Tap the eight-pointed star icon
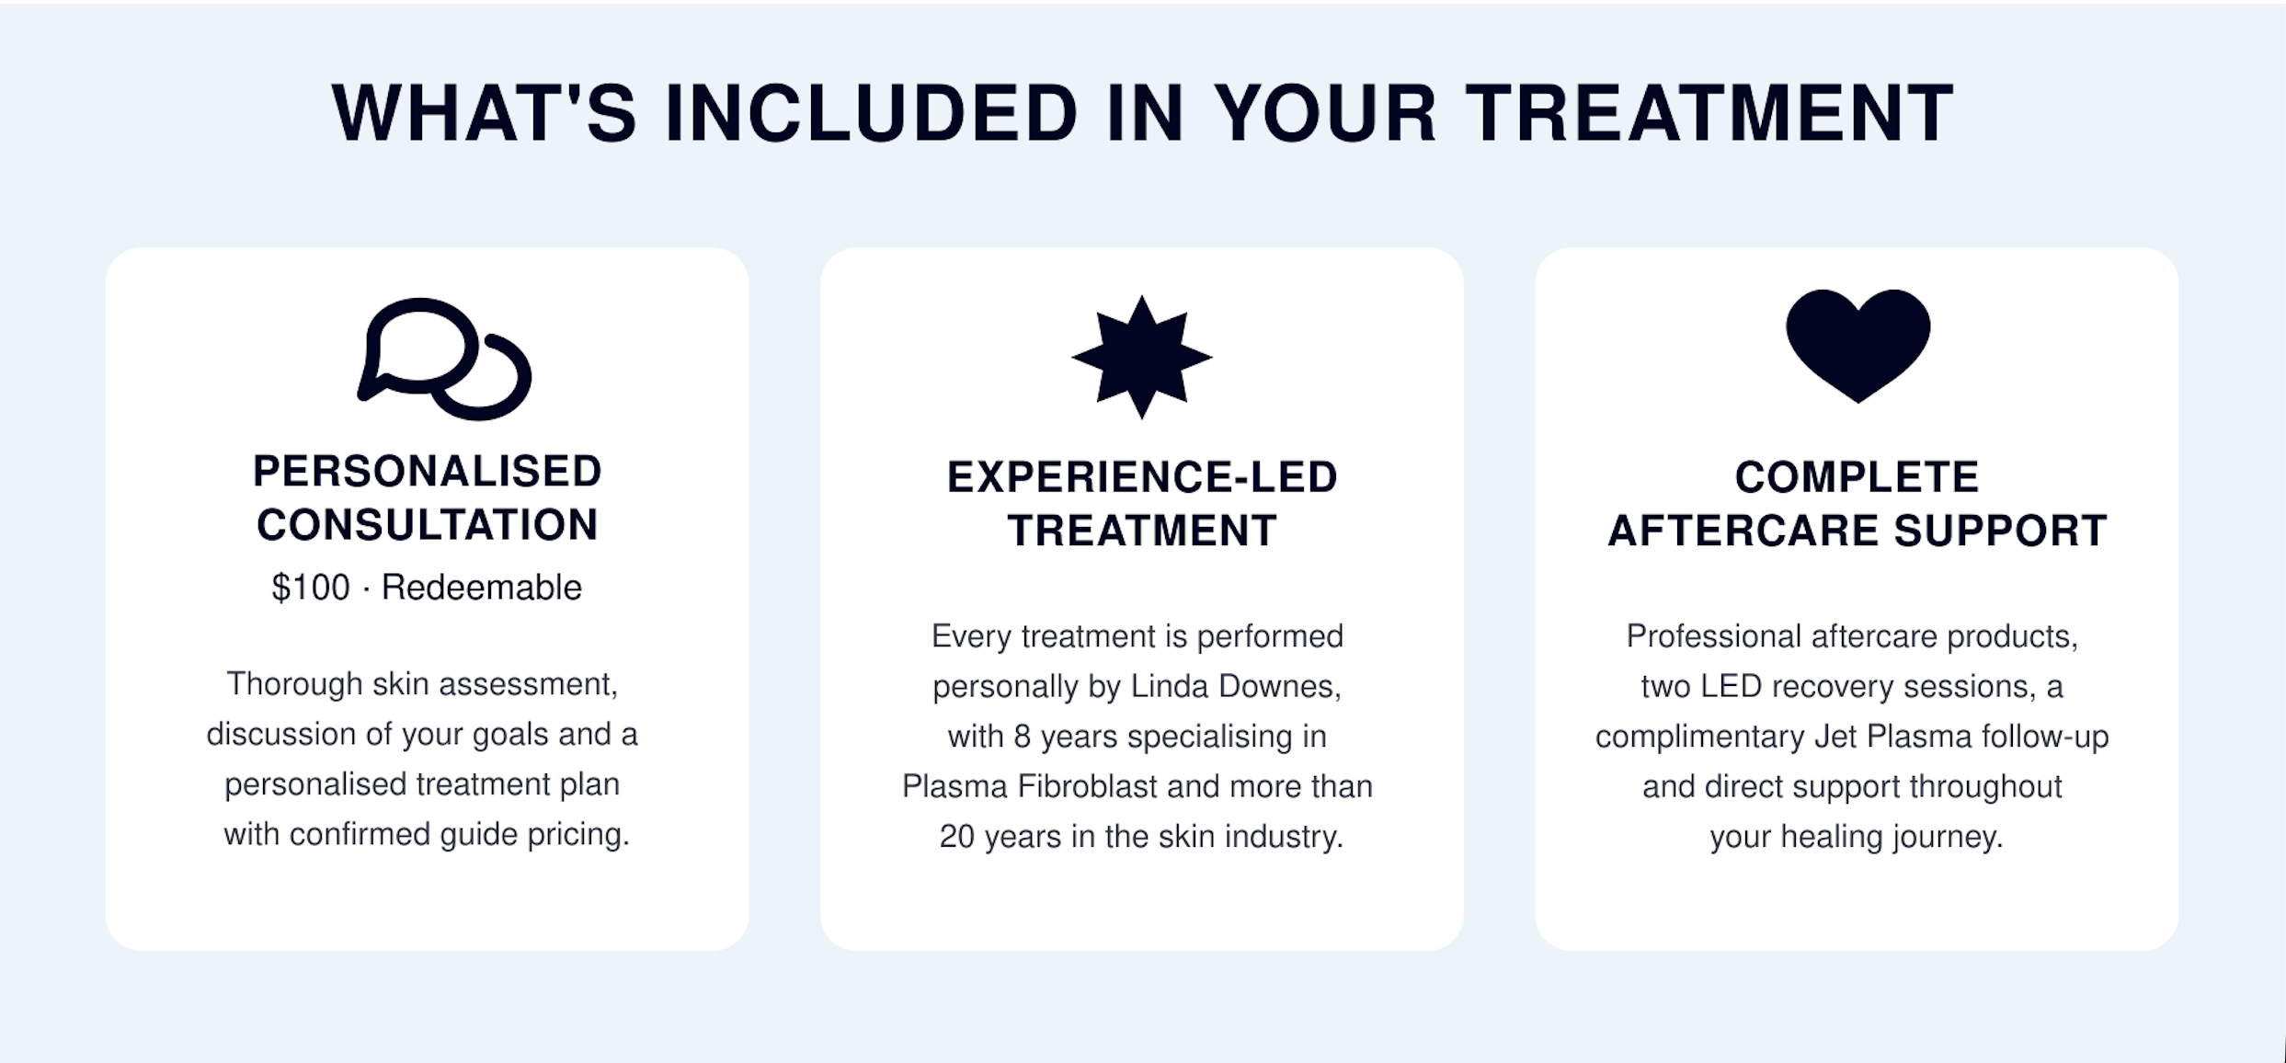point(1142,357)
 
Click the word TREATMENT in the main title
point(1709,113)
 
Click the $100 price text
point(311,588)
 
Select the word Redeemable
point(481,588)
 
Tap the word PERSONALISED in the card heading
point(428,472)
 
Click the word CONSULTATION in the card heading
point(428,525)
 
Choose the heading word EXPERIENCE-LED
point(1142,477)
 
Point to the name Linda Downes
point(1235,687)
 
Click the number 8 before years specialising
point(1023,737)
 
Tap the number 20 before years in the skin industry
point(956,837)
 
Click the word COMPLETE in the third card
point(1857,477)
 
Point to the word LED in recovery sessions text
point(1731,687)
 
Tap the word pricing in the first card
point(578,835)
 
